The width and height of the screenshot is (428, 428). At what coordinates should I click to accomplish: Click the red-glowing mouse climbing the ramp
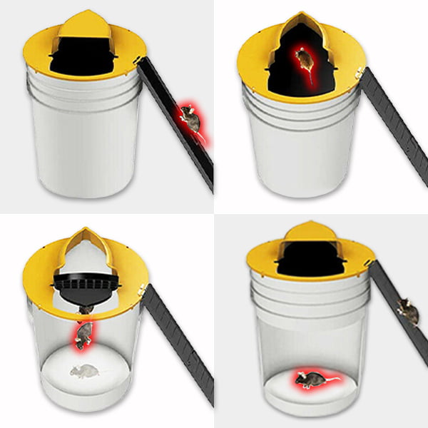coord(191,118)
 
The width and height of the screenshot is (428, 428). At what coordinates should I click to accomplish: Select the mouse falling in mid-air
coord(83,334)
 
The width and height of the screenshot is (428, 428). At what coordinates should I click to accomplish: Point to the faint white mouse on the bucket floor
coord(84,370)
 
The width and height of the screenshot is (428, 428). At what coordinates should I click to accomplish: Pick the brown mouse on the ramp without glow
coord(407,311)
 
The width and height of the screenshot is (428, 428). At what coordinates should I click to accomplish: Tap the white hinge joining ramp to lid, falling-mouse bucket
coord(143,290)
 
